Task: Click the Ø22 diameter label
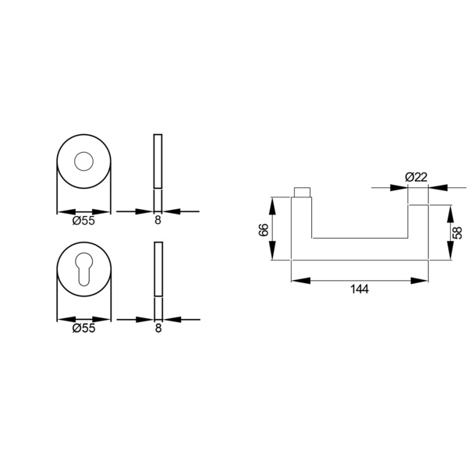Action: [x=417, y=177]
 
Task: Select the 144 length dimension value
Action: [x=360, y=289]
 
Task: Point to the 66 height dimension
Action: [x=263, y=229]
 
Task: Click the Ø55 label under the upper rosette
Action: [x=83, y=221]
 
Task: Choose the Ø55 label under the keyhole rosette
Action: [x=83, y=328]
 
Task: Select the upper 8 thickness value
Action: [x=158, y=221]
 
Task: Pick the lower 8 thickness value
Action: [x=158, y=328]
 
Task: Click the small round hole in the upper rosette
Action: [x=83, y=162]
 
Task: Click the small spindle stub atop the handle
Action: [x=303, y=193]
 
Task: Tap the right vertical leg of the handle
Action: [x=418, y=226]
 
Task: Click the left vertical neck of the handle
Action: [x=302, y=226]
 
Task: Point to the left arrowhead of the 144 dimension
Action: [x=296, y=278]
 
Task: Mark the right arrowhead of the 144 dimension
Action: [x=424, y=278]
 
